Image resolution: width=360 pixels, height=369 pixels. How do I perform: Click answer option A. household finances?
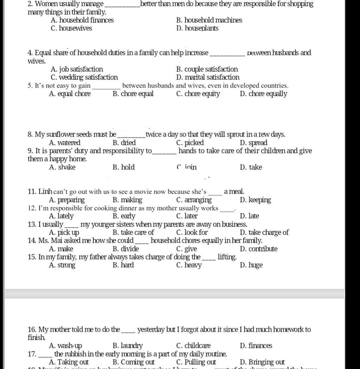pos(82,20)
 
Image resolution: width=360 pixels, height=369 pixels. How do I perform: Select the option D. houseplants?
pos(197,28)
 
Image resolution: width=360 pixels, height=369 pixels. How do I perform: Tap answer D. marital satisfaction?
pos(208,77)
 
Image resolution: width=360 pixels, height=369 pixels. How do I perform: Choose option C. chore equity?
pos(198,94)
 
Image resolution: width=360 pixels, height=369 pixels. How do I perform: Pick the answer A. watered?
pos(65,143)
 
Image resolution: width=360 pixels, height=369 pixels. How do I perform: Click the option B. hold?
pos(124,167)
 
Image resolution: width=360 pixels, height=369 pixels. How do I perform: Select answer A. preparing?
pos(67,200)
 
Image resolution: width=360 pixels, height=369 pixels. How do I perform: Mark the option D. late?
pos(249,216)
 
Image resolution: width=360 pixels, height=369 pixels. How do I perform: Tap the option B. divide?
pos(126,249)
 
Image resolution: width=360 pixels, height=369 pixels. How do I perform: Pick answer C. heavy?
pos(189,265)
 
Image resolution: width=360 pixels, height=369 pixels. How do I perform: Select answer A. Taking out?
pos(69,362)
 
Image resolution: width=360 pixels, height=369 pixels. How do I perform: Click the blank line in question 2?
pos(122,5)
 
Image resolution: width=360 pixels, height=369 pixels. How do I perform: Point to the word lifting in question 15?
pos(227,257)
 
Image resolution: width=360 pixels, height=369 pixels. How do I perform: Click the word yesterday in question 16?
pos(151,330)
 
